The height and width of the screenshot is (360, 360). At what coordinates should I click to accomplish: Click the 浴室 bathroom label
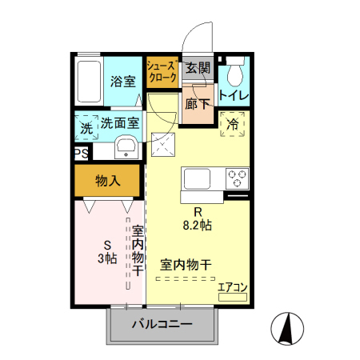tap(122, 81)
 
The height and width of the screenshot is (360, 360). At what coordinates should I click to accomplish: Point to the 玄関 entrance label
tap(198, 69)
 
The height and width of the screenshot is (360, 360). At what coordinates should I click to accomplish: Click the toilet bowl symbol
tap(234, 74)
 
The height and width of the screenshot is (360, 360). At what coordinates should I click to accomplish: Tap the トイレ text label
tap(234, 96)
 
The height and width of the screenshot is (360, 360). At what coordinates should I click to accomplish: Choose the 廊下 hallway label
tap(198, 103)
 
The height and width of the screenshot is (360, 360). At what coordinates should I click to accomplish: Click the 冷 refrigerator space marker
tap(233, 125)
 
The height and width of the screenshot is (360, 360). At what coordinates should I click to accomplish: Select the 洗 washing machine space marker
tap(86, 126)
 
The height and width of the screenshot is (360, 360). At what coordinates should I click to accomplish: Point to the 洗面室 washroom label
tap(120, 124)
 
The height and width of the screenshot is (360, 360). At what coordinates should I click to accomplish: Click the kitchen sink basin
tap(197, 177)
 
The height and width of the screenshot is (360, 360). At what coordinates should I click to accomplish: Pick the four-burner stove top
tap(237, 177)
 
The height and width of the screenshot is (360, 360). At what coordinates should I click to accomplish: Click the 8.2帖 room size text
tap(196, 226)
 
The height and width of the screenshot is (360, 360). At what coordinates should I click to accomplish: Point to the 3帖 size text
tap(108, 258)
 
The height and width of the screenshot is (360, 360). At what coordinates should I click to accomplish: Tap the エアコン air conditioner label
tap(234, 286)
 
